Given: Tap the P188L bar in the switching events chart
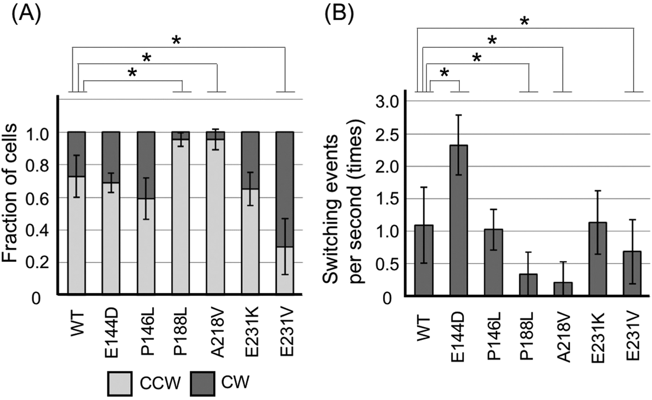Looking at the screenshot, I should click(x=528, y=285).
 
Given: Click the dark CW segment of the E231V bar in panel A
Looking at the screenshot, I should click(x=285, y=189).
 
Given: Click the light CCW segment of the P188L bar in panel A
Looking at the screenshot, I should click(x=181, y=217).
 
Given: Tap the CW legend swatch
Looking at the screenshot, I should click(x=202, y=383).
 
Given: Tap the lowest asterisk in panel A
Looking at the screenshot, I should click(x=132, y=74).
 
